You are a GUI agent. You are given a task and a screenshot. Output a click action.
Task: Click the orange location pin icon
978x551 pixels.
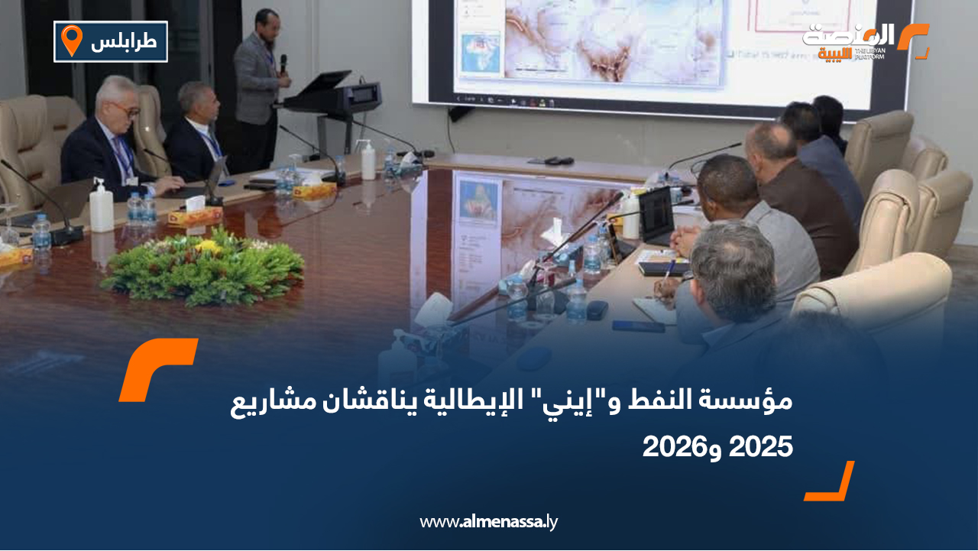71,41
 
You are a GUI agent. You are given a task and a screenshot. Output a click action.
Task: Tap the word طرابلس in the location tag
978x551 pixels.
124,42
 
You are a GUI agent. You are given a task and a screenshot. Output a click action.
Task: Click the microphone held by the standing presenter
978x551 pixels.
283,63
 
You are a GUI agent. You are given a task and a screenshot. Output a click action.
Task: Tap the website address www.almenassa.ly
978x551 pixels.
489,522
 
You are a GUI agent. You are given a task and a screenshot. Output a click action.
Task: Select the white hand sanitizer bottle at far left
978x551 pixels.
101,208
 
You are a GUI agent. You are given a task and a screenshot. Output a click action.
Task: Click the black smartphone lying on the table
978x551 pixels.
638,326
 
